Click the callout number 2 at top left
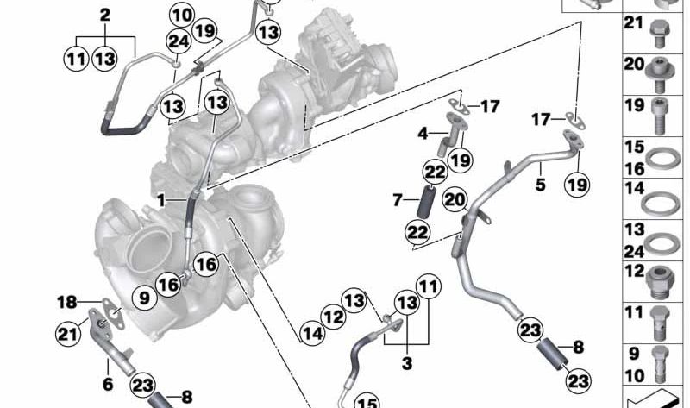pyautogui.click(x=105, y=15)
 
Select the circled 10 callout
pyautogui.click(x=181, y=15)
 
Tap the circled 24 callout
pyautogui.click(x=179, y=41)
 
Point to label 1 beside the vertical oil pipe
pyautogui.click(x=160, y=199)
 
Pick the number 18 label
pyautogui.click(x=67, y=302)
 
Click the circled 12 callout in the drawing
pyautogui.click(x=334, y=317)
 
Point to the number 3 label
pyautogui.click(x=407, y=363)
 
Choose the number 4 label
pyautogui.click(x=423, y=134)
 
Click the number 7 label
pyautogui.click(x=398, y=200)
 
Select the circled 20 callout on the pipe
pyautogui.click(x=455, y=199)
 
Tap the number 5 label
pyautogui.click(x=541, y=183)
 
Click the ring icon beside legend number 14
pyautogui.click(x=662, y=202)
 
